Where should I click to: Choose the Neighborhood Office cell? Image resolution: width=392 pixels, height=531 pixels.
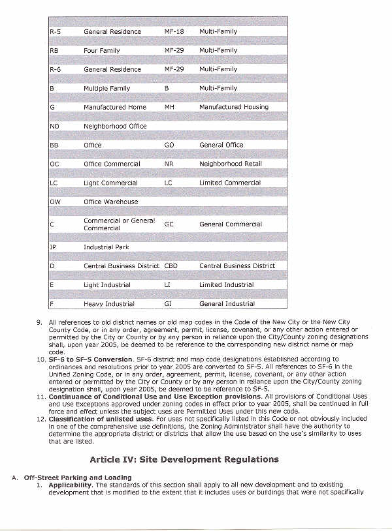pos(115,126)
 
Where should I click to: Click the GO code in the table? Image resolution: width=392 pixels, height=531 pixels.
pos(169,145)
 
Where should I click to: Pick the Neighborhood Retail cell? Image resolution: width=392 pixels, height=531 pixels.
pos(230,164)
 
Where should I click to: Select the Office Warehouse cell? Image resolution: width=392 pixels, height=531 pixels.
pos(111,202)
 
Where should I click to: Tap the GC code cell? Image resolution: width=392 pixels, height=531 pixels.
pos(169,224)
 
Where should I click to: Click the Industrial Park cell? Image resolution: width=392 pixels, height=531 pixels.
pos(106,247)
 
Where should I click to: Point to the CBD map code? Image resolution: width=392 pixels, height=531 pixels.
pos(171,266)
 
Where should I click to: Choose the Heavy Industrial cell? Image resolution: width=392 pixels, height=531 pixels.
pos(108,304)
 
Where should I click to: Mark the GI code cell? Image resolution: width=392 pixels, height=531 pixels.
pos(169,304)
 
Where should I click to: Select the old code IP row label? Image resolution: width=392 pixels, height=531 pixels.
pos(53,247)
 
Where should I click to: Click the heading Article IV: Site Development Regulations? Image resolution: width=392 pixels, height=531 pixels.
pos(184,459)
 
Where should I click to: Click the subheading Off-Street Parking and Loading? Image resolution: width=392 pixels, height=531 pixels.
pos(78,478)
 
